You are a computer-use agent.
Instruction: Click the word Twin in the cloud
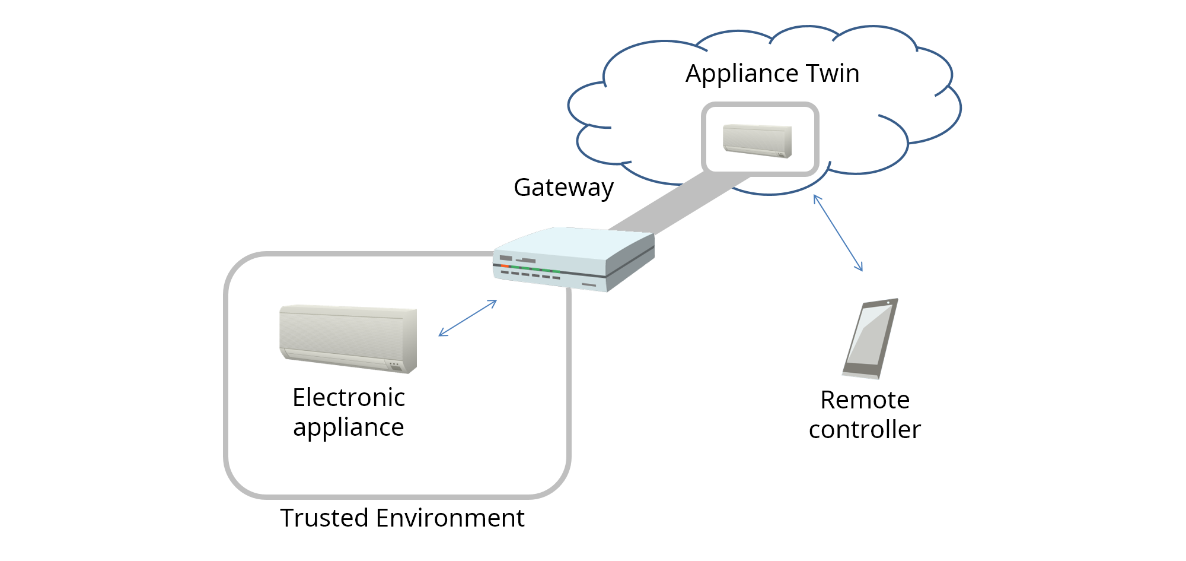point(832,74)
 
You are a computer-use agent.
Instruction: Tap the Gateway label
point(563,188)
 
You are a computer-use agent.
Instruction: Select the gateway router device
point(573,259)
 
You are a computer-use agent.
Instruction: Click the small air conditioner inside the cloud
point(757,141)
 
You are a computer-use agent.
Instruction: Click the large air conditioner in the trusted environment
point(348,338)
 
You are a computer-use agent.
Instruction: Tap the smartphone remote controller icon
point(870,338)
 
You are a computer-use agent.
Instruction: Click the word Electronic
point(349,398)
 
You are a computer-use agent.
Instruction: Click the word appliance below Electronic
point(349,427)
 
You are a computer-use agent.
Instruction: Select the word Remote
point(865,400)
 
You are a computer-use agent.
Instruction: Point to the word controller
point(865,430)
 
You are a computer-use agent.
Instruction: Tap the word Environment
point(450,518)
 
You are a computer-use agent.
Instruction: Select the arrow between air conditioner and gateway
point(468,318)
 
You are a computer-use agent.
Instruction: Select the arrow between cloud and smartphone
point(838,233)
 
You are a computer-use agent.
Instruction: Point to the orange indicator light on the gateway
point(505,266)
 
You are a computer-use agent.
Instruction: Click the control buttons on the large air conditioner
point(394,365)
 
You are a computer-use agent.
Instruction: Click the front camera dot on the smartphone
point(888,303)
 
